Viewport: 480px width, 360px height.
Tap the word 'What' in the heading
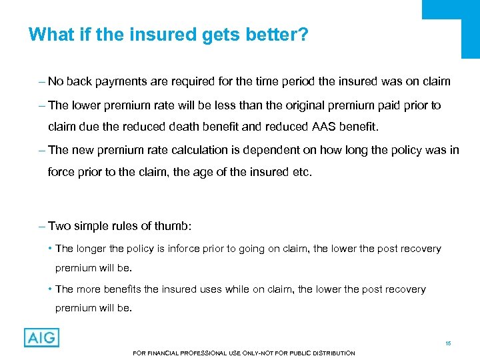[50, 34]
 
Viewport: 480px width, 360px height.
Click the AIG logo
[41, 337]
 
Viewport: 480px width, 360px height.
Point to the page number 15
[448, 343]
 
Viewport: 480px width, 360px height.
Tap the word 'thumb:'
[175, 226]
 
